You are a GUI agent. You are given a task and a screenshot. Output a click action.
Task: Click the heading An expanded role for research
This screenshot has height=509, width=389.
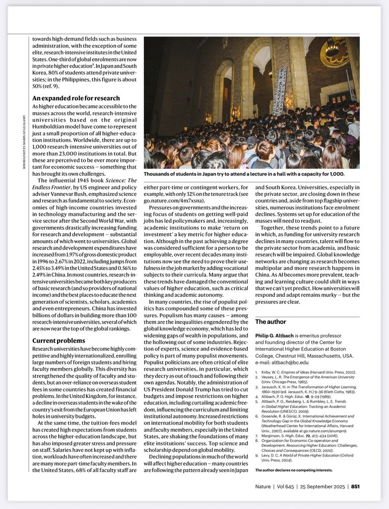76,98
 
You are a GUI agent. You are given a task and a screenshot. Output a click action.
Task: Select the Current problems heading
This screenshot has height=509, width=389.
59,341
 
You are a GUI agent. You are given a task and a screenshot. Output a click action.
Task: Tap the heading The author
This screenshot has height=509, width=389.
270,322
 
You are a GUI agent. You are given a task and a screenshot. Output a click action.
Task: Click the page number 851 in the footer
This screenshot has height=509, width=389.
355,486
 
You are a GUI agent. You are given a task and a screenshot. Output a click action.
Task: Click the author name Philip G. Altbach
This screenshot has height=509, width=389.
276,336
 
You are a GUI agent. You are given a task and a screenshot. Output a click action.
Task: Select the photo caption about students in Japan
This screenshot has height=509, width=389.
244,174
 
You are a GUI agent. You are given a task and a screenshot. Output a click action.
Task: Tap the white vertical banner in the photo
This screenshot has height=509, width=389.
279,90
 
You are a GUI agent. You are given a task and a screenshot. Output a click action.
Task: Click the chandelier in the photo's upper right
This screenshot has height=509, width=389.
334,51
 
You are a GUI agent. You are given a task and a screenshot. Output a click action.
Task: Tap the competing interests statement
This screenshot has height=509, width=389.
294,470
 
